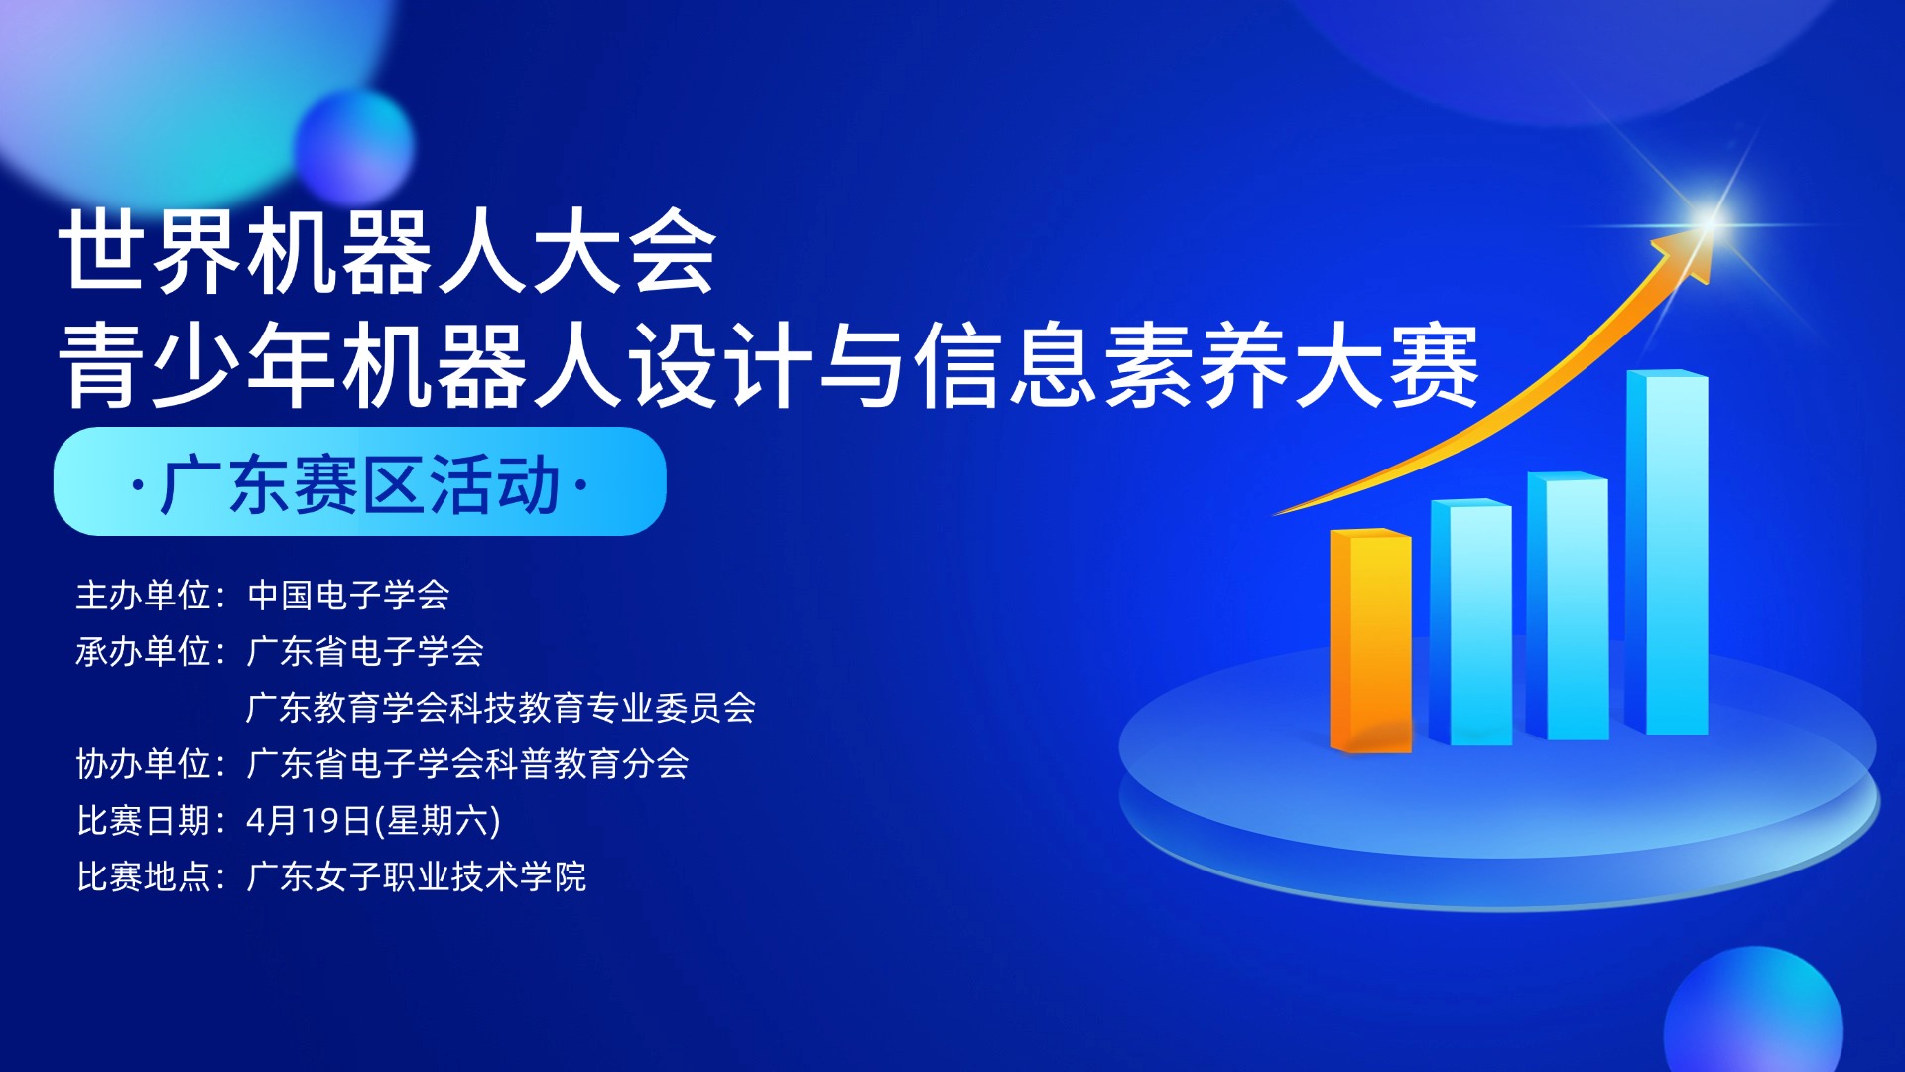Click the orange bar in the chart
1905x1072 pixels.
point(1370,640)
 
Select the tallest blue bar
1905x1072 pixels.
point(1668,553)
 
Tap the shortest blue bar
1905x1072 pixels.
point(1470,622)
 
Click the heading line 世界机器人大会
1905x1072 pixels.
point(387,252)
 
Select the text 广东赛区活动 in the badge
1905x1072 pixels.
point(359,485)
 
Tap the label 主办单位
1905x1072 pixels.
point(145,596)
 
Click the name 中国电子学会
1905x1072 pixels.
point(348,596)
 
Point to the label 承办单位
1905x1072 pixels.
point(145,652)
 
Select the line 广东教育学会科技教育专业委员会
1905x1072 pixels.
point(501,708)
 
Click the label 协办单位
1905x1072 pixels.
point(145,764)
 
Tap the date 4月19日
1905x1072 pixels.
point(309,821)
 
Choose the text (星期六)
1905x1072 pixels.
point(438,821)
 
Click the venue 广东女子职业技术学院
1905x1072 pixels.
point(417,877)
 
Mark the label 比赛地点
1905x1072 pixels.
point(145,877)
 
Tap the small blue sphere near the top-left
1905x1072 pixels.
point(354,146)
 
